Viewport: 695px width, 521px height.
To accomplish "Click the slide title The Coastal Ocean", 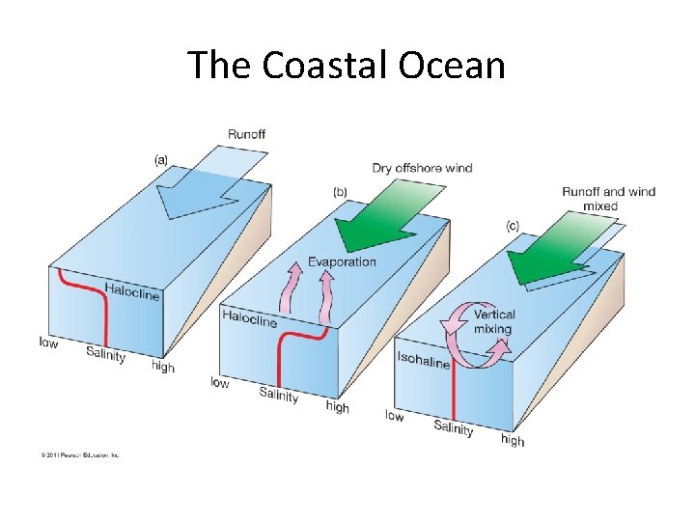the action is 347,65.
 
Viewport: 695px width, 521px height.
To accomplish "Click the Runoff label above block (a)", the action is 247,134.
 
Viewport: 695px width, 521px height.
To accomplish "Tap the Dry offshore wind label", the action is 423,168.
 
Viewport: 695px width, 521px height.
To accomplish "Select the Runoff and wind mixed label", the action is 608,199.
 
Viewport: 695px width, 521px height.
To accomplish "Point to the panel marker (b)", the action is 340,192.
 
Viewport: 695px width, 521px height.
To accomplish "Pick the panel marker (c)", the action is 513,226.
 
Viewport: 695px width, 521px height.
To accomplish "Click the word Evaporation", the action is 342,262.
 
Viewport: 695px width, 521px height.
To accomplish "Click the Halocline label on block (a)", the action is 131,291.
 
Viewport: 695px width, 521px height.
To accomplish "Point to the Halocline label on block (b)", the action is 249,318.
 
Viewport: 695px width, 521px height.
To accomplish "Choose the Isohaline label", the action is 423,360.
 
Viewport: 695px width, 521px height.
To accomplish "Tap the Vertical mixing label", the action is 494,321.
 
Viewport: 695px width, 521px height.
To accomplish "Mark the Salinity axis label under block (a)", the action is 106,354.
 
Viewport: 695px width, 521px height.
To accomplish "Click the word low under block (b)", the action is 220,383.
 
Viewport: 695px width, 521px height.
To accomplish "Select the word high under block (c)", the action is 513,440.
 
